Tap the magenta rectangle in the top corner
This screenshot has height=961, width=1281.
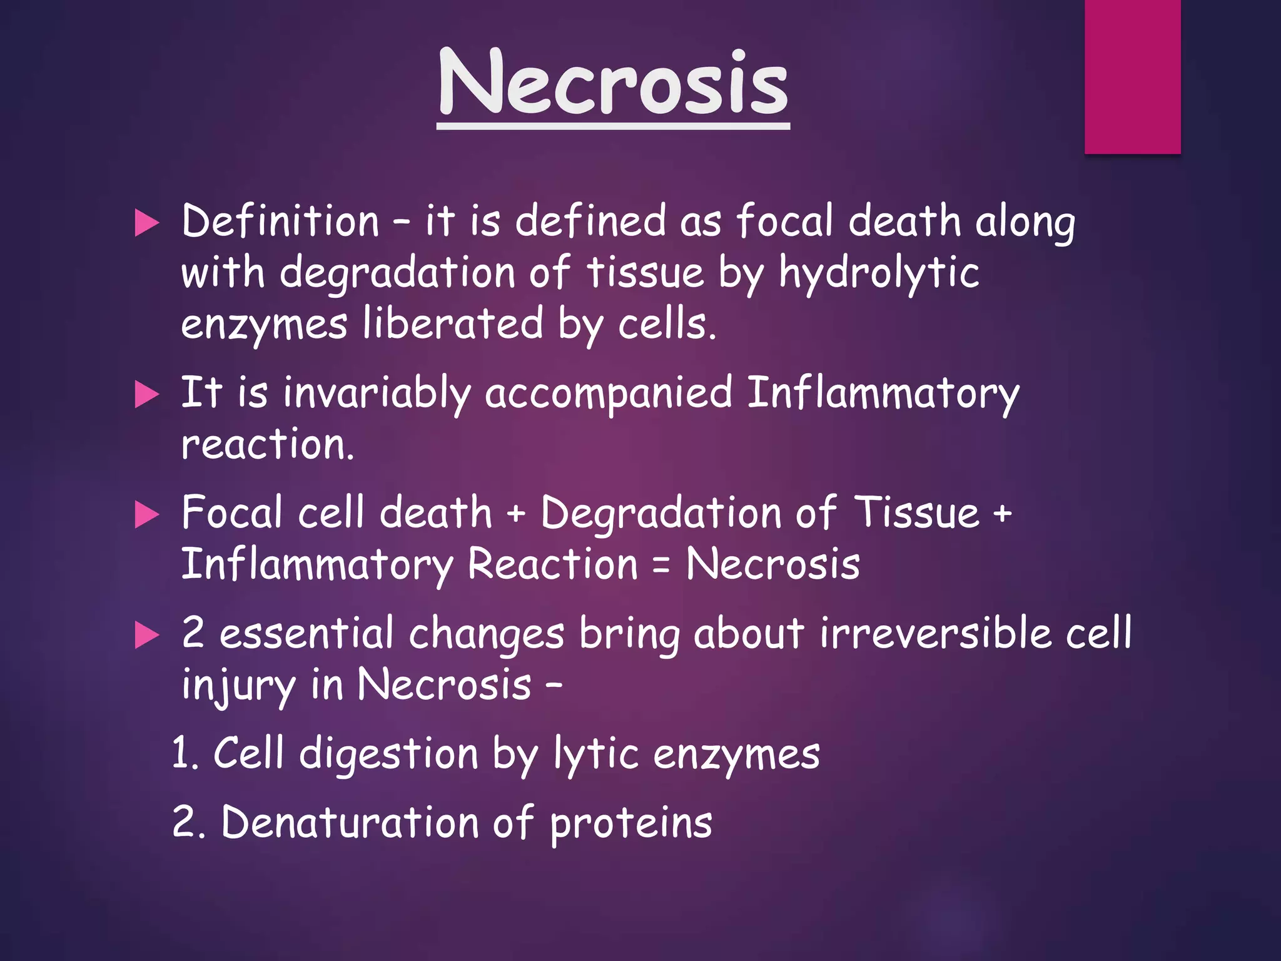(x=1132, y=76)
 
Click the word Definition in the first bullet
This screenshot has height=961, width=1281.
(x=280, y=221)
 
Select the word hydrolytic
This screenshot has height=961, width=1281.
(x=879, y=274)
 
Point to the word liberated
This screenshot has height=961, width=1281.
(x=453, y=324)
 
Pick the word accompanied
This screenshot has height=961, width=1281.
(x=608, y=394)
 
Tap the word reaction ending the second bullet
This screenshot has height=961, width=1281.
(x=267, y=445)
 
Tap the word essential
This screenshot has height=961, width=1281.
(x=306, y=633)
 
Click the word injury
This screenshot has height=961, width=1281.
(x=238, y=686)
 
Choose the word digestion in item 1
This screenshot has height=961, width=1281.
(x=388, y=755)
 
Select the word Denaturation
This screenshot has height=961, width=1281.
(x=350, y=822)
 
